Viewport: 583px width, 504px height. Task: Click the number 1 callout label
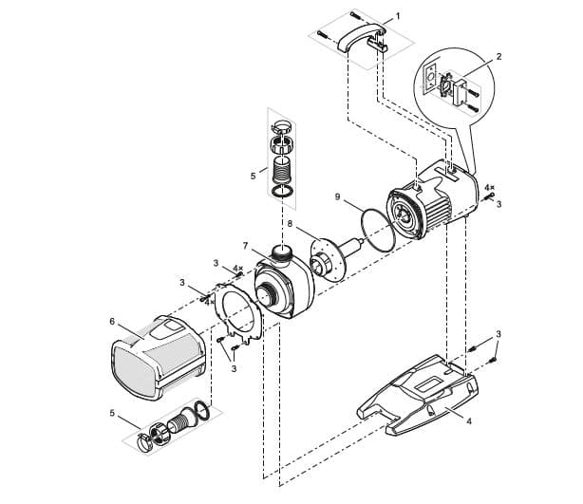pyautogui.click(x=397, y=16)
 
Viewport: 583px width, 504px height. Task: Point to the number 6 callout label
pyautogui.click(x=112, y=322)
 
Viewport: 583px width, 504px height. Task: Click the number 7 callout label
pyautogui.click(x=244, y=246)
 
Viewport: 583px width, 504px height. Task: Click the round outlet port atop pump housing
pyautogui.click(x=282, y=252)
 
